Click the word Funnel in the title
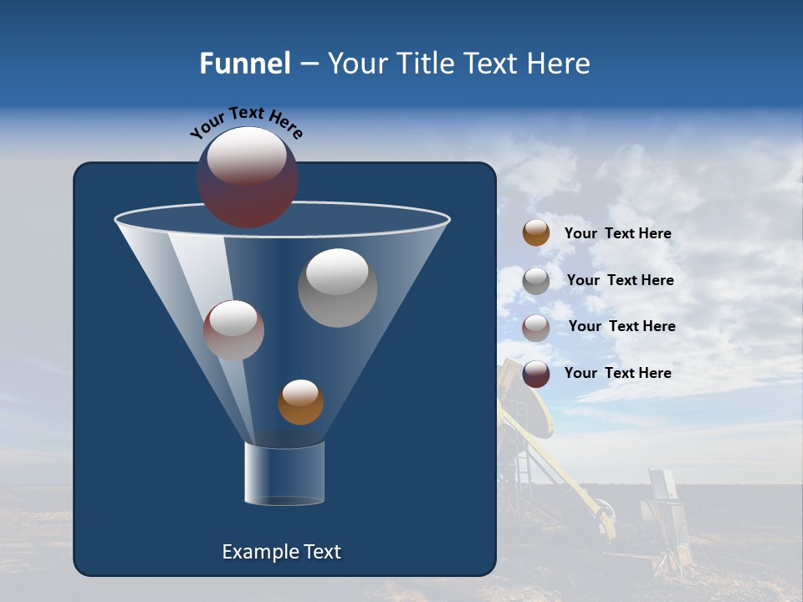pyautogui.click(x=245, y=64)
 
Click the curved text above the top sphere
pyautogui.click(x=246, y=123)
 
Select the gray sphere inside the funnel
pyautogui.click(x=337, y=288)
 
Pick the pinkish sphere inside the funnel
pyautogui.click(x=233, y=330)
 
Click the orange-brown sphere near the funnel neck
pyautogui.click(x=300, y=402)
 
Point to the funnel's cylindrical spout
pyautogui.click(x=284, y=473)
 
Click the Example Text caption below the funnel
pyautogui.click(x=282, y=552)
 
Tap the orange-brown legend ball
pyautogui.click(x=536, y=232)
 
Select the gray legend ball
pyautogui.click(x=536, y=281)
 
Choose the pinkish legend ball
pyautogui.click(x=536, y=328)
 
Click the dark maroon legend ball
pyautogui.click(x=536, y=374)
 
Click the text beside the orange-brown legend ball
pyautogui.click(x=617, y=233)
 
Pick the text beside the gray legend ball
pyautogui.click(x=620, y=280)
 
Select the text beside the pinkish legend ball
pyautogui.click(x=621, y=326)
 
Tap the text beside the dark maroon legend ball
pyautogui.click(x=617, y=373)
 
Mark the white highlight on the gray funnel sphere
pyautogui.click(x=337, y=272)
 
